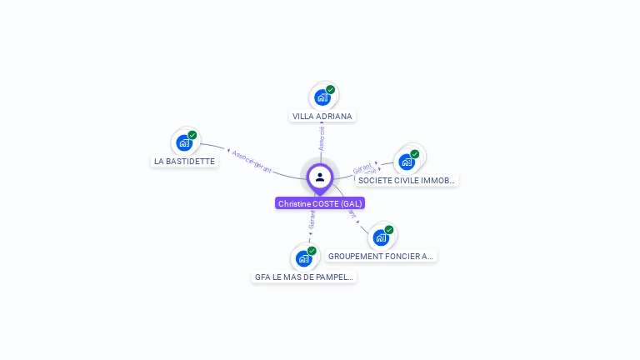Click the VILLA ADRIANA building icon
pos(322,97)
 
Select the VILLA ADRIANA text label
pos(322,117)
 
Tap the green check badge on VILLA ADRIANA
pos(330,90)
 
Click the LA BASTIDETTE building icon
pos(185,142)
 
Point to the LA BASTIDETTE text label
pos(185,162)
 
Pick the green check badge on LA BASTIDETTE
pos(192,135)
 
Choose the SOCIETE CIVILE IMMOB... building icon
pos(407,162)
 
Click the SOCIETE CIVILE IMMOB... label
pos(407,181)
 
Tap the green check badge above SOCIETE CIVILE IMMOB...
pos(414,154)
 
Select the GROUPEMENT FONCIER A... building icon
pos(381,237)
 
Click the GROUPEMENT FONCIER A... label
pos(381,257)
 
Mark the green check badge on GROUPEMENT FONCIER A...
pos(388,230)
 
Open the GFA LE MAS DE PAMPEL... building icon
pos(304,258)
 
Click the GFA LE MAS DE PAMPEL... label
pos(304,277)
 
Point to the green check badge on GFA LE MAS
pos(312,251)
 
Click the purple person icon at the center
pos(320,177)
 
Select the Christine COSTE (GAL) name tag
pos(320,203)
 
